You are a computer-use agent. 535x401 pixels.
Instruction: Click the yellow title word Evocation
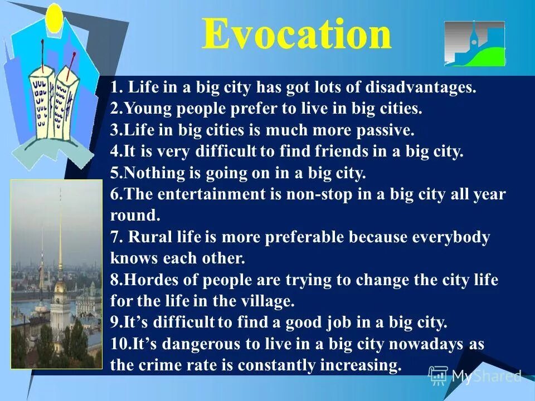(296, 35)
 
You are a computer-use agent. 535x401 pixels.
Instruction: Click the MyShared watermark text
(485, 376)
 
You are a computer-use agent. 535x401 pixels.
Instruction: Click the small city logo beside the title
(474, 43)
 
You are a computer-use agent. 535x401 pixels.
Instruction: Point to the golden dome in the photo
(60, 287)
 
